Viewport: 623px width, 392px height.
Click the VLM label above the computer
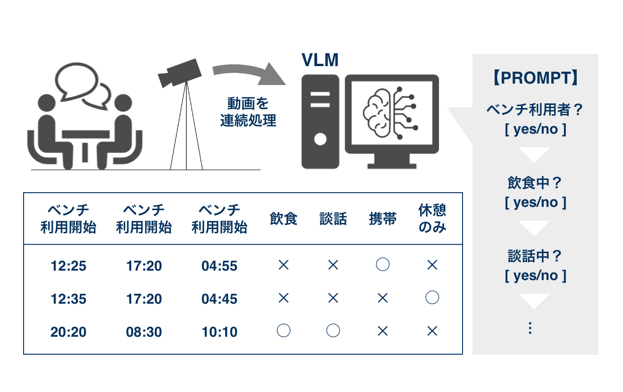pyautogui.click(x=320, y=60)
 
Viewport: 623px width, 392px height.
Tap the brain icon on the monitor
pyautogui.click(x=390, y=113)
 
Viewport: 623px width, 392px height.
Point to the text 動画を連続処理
pyautogui.click(x=248, y=112)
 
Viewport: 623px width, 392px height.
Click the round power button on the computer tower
pyautogui.click(x=320, y=139)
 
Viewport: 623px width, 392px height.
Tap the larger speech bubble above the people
pyautogui.click(x=76, y=81)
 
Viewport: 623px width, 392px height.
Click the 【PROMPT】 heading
pyautogui.click(x=535, y=77)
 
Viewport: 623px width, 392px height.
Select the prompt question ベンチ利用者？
pyautogui.click(x=535, y=110)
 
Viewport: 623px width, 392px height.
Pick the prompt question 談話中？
pyautogui.click(x=535, y=256)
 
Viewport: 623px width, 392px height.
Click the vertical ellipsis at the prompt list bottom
pyautogui.click(x=530, y=328)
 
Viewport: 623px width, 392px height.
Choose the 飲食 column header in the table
pyautogui.click(x=283, y=219)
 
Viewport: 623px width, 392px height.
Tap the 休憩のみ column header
pyautogui.click(x=432, y=218)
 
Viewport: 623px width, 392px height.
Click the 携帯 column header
pyautogui.click(x=383, y=219)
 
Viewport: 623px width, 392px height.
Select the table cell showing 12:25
pyautogui.click(x=68, y=266)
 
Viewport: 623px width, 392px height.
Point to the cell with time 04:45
pyautogui.click(x=219, y=299)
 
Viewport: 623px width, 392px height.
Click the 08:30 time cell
pyautogui.click(x=144, y=332)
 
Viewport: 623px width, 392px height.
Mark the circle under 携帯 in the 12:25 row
pyautogui.click(x=383, y=264)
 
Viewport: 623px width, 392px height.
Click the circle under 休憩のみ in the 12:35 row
pyautogui.click(x=432, y=298)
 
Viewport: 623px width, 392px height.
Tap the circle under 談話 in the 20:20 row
pyautogui.click(x=333, y=331)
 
